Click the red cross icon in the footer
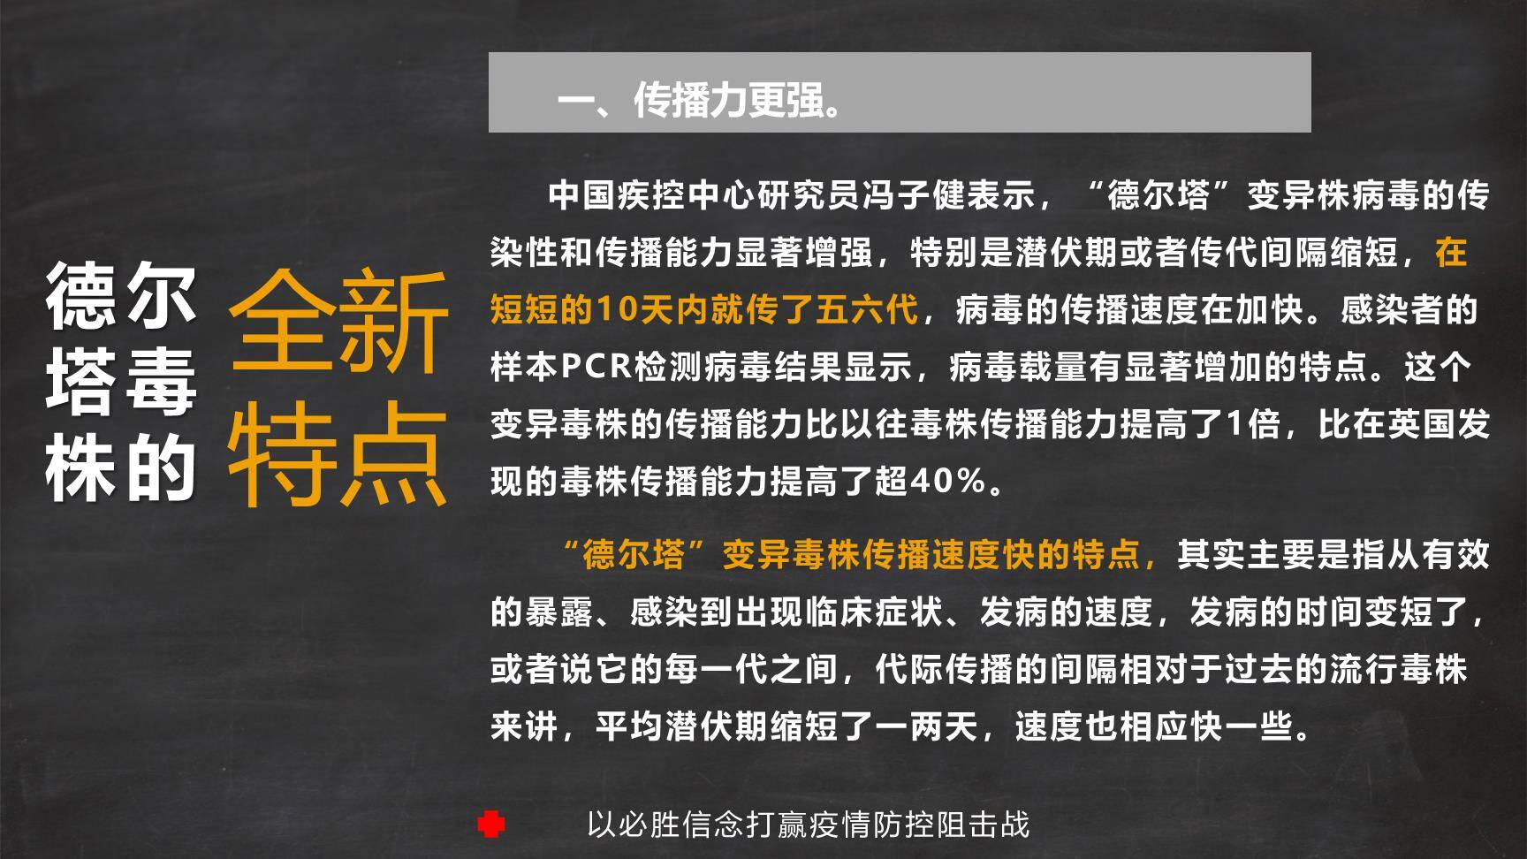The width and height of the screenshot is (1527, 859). [491, 825]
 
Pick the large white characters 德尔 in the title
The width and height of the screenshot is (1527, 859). [121, 296]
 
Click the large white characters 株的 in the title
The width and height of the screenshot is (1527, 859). [121, 468]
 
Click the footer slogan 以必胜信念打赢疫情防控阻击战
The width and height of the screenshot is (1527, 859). [808, 825]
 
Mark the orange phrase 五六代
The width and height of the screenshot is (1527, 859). [866, 310]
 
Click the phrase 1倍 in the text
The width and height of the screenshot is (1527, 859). [1253, 424]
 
